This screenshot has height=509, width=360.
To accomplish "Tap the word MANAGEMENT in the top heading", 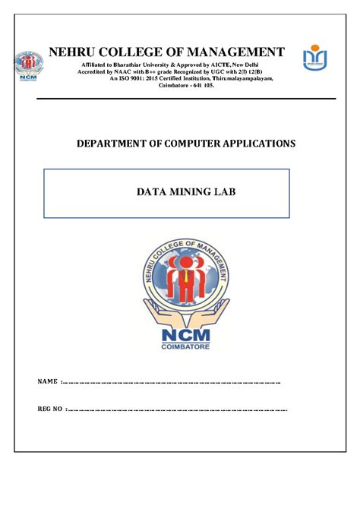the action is (239, 52).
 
